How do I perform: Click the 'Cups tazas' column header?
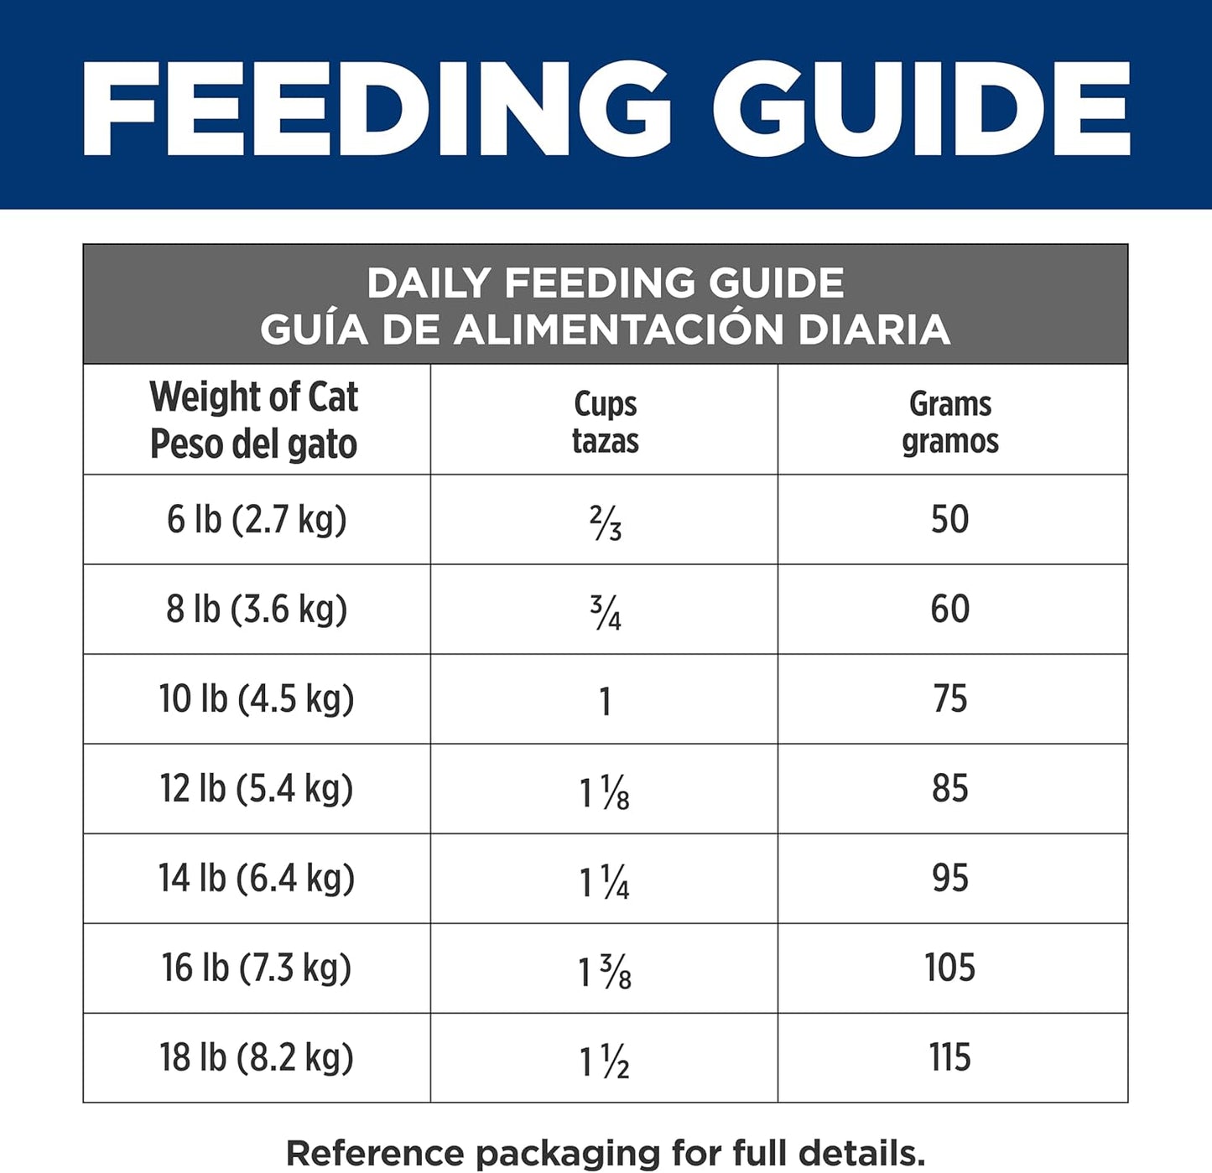coord(605,422)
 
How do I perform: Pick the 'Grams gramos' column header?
coord(950,422)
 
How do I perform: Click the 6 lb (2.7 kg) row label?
coord(257,520)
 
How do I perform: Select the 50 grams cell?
coord(949,520)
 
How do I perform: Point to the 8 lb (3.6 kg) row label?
coord(257,610)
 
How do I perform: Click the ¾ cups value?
coord(605,612)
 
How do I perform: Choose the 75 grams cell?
coord(949,699)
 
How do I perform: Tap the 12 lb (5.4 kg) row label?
coord(257,789)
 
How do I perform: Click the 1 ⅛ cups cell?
coord(605,792)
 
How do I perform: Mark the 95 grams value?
coord(949,879)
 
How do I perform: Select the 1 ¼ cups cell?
coord(605,882)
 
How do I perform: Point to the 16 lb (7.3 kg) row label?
coord(257,968)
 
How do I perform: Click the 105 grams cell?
coord(949,968)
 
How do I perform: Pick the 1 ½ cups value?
coord(605,1061)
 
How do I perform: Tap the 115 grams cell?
coord(949,1058)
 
